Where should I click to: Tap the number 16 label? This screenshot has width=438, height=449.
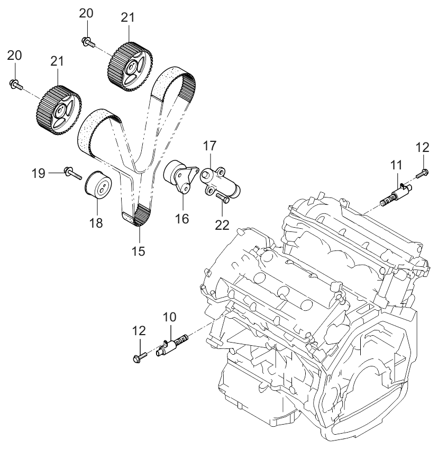182,219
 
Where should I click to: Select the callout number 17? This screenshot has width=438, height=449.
209,145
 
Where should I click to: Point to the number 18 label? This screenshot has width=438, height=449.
96,223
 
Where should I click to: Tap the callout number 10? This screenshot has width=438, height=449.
170,318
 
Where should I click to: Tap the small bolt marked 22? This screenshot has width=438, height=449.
223,199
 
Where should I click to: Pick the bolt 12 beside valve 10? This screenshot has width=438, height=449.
139,357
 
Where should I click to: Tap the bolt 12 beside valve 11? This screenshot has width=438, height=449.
423,172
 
